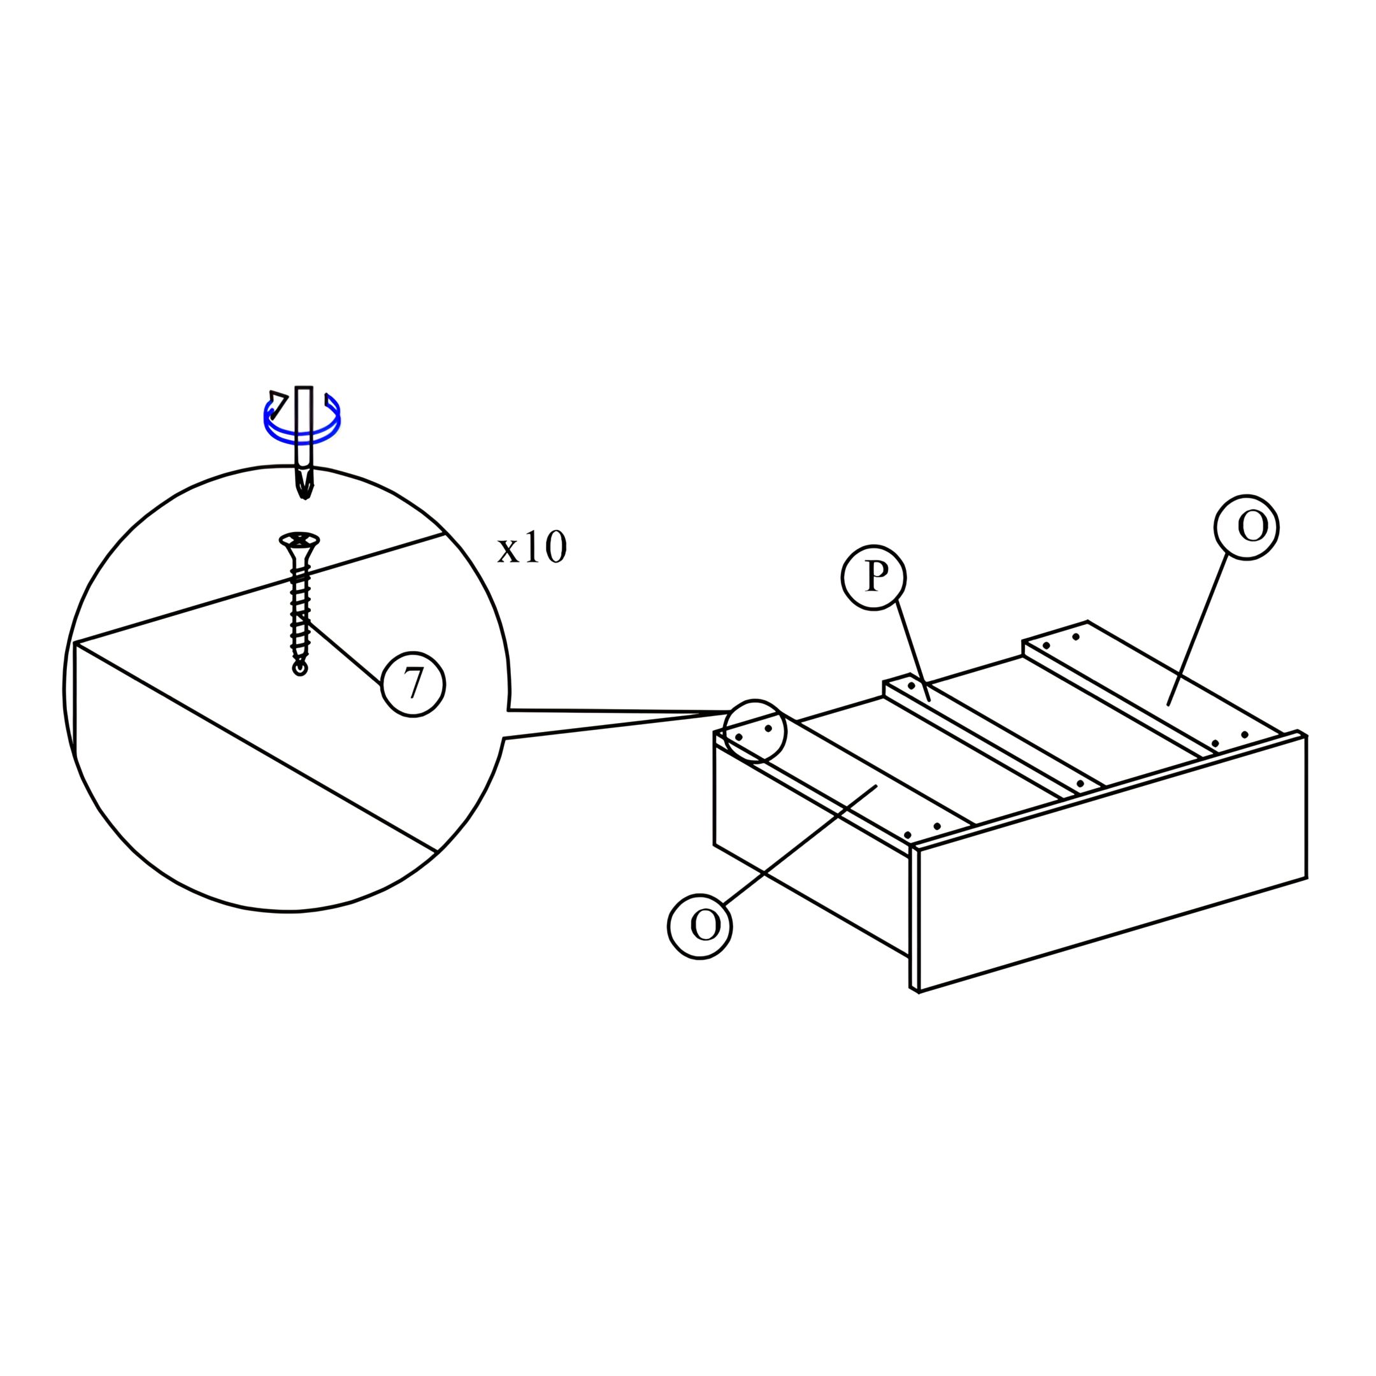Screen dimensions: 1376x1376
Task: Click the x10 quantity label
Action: coord(531,548)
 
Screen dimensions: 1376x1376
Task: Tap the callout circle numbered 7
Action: coord(413,684)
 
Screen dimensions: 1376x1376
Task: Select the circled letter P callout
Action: coord(873,577)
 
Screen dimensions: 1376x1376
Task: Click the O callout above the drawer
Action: coord(1247,527)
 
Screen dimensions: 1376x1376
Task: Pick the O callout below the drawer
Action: coord(699,925)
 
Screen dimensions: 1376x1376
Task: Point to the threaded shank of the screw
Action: coord(300,612)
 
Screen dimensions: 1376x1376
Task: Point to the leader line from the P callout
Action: coord(912,651)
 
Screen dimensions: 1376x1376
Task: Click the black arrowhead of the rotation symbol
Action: coord(278,403)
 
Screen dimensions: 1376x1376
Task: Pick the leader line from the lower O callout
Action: coord(799,846)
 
